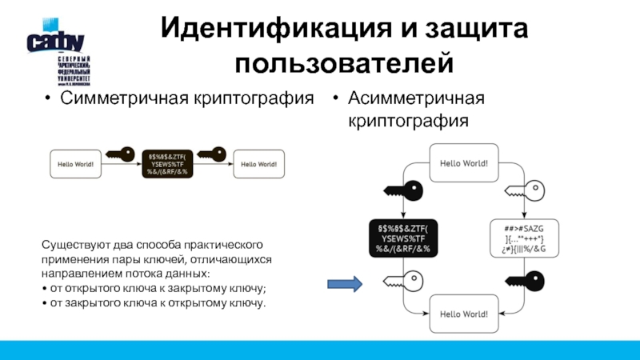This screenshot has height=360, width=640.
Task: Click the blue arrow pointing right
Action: (346, 283)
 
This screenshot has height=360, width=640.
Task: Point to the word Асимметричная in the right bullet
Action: (416, 99)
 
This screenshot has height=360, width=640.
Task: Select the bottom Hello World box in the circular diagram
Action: (464, 313)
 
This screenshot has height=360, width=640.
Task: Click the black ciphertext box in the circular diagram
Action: (403, 237)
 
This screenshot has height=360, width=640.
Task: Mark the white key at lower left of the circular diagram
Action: (403, 282)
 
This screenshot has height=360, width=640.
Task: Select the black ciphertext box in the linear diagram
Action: (166, 164)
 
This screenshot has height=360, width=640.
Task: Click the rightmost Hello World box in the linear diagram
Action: (257, 164)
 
